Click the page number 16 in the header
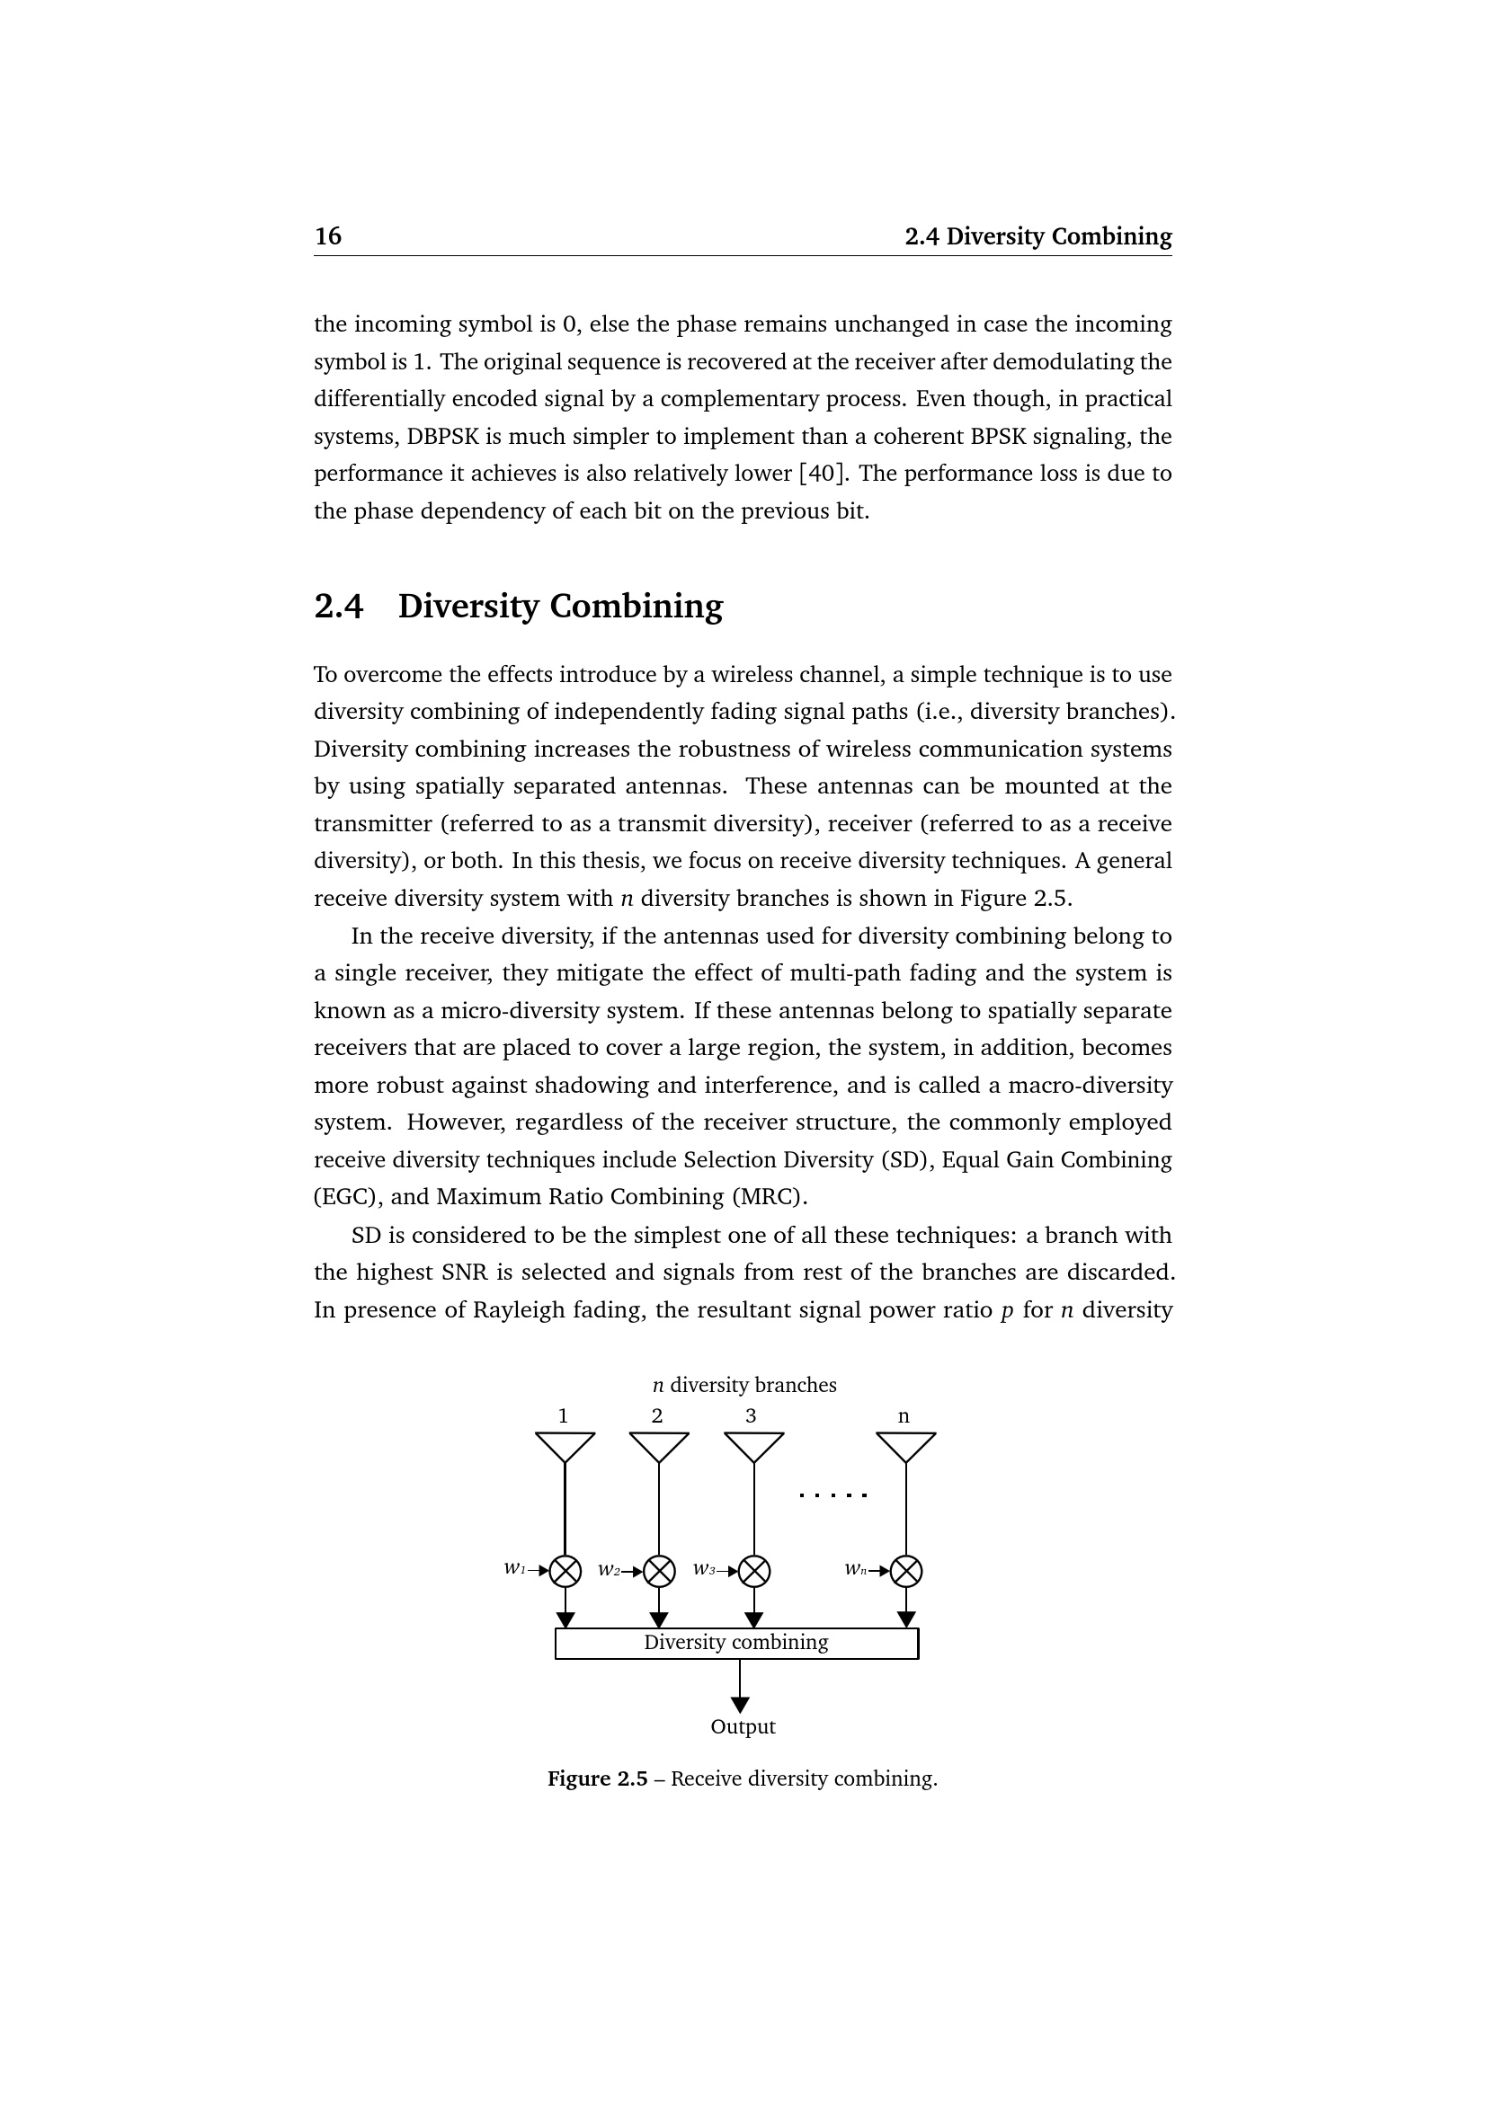click(328, 236)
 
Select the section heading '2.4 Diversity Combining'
click(518, 606)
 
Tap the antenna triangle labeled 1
click(565, 1446)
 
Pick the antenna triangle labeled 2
click(659, 1446)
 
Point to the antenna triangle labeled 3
click(753, 1446)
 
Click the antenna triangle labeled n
click(905, 1446)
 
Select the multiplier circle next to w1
click(565, 1571)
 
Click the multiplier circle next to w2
click(659, 1571)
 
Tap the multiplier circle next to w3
click(753, 1571)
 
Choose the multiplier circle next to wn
click(905, 1571)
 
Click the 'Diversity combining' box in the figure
click(736, 1643)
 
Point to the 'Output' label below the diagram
click(743, 1726)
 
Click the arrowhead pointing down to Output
click(740, 1704)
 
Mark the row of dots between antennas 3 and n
click(833, 1496)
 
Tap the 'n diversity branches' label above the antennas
click(743, 1385)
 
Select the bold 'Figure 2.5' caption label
click(597, 1778)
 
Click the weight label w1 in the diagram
click(514, 1568)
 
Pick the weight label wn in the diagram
click(855, 1569)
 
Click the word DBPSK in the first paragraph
click(442, 436)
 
